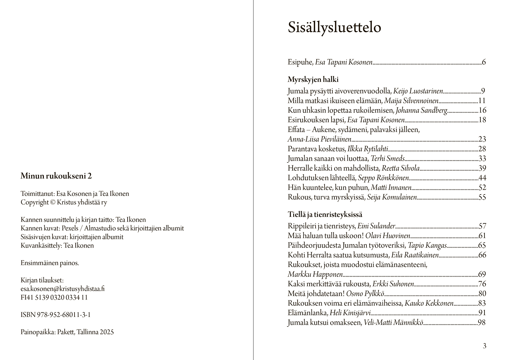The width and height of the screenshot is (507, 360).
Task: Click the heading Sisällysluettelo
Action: click(334, 28)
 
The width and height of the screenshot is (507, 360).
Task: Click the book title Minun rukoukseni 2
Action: click(56, 176)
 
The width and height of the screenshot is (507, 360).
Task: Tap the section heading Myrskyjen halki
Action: click(313, 80)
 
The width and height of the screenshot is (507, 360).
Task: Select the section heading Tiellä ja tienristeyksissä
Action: click(325, 215)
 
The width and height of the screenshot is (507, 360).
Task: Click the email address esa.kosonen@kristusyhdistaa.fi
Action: click(63, 289)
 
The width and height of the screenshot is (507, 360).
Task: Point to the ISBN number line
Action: click(56, 315)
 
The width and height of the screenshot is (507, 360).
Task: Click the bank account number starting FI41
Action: click(54, 298)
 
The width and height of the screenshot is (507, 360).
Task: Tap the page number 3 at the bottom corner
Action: click(484, 346)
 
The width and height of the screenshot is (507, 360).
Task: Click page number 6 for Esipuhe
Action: click(484, 62)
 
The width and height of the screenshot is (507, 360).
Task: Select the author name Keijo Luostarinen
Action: click(418, 91)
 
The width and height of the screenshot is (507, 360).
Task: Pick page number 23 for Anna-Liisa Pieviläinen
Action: click(482, 139)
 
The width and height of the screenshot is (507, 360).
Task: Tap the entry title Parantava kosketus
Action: click(316, 149)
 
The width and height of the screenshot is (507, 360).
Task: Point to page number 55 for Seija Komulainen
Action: click(482, 197)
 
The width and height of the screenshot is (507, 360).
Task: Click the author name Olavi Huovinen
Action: click(388, 236)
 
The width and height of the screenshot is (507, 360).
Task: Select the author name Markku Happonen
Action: click(315, 274)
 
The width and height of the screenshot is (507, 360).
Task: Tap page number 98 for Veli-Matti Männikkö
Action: click(481, 323)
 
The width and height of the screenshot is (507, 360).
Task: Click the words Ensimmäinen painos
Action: click(50, 263)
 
